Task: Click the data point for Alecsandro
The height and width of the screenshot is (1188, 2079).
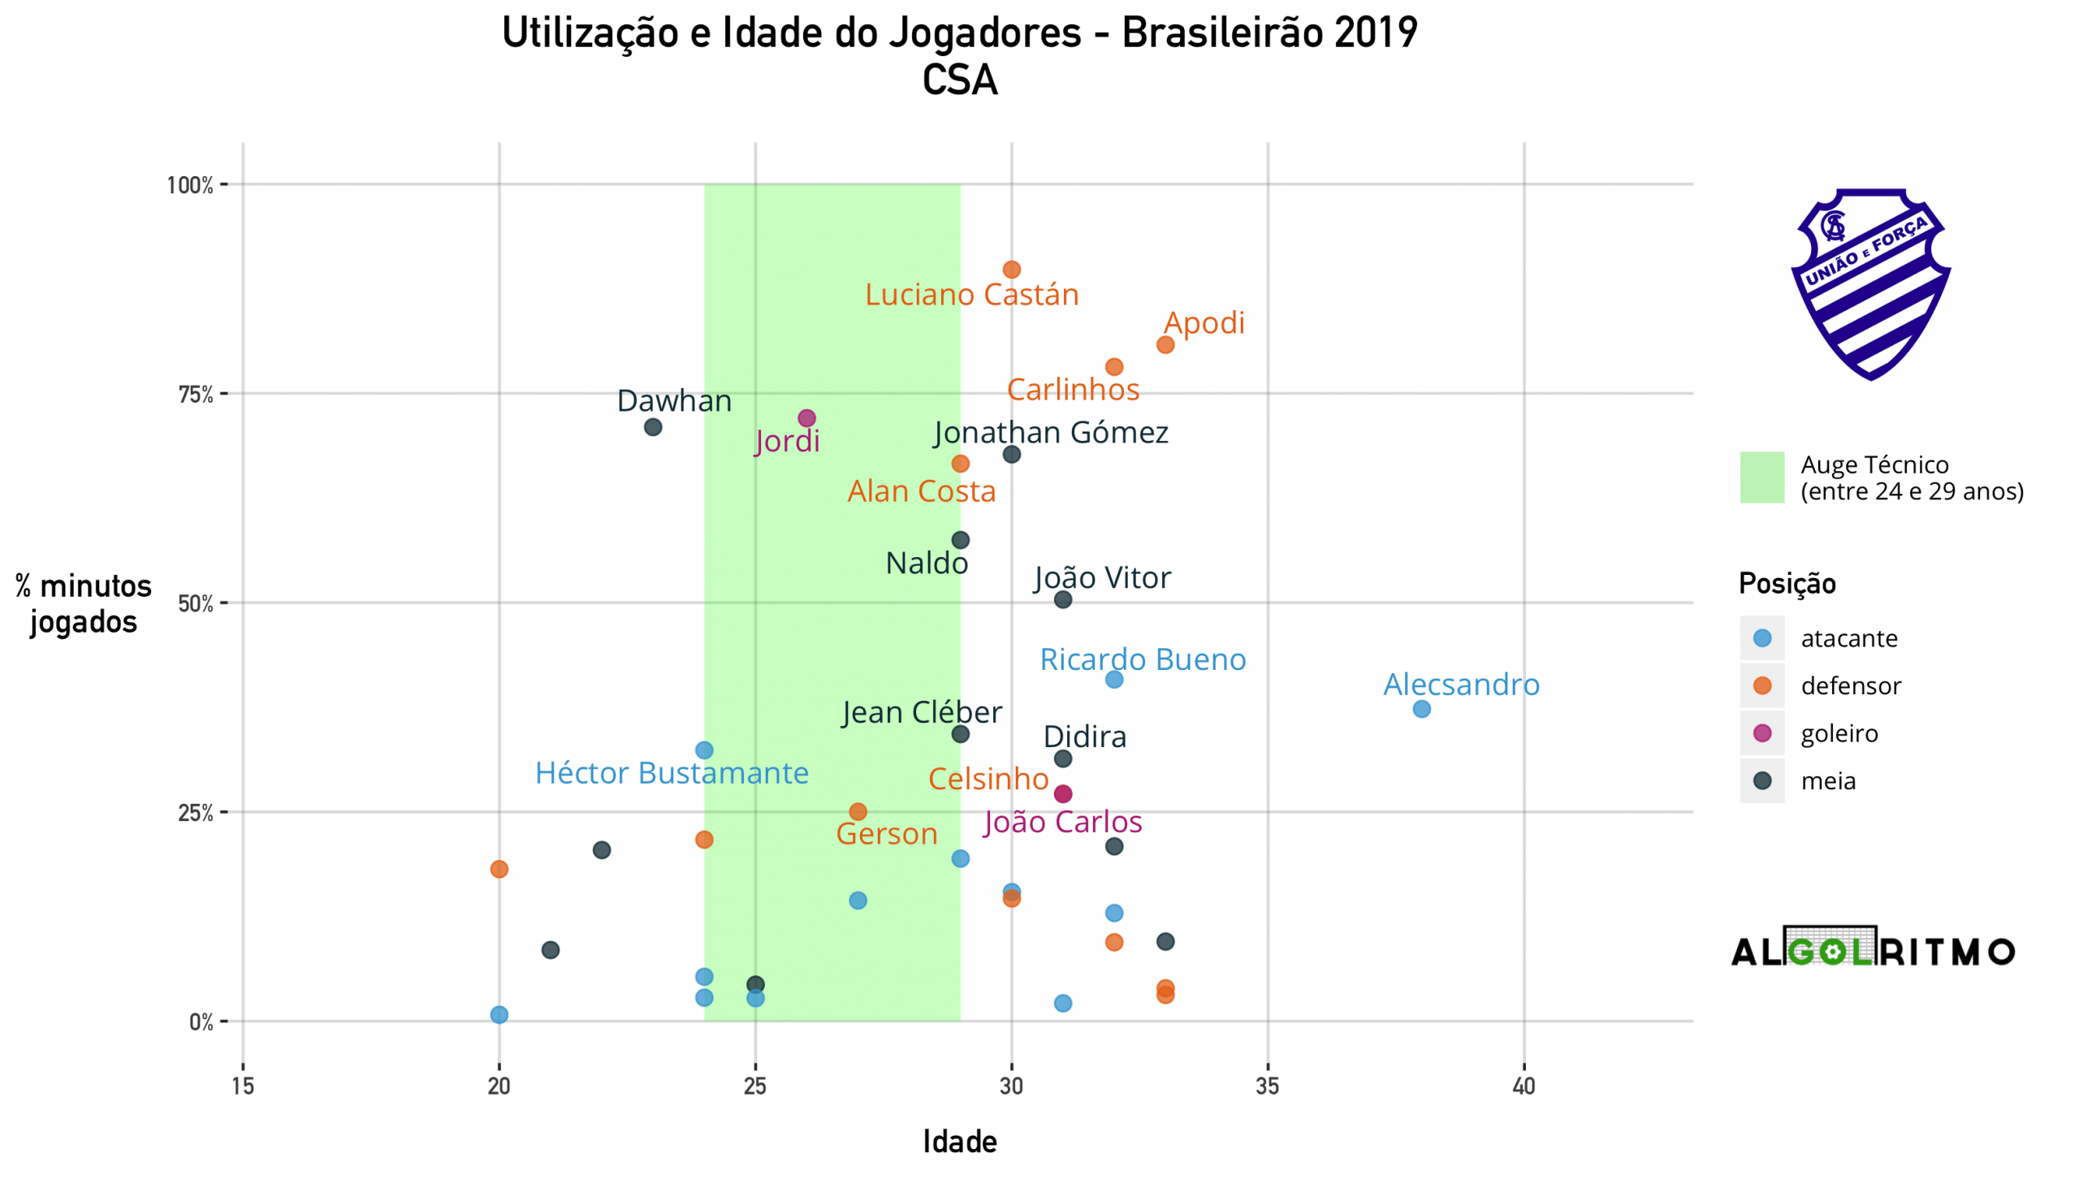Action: [x=1421, y=709]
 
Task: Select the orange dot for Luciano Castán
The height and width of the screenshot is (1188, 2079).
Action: [x=1012, y=270]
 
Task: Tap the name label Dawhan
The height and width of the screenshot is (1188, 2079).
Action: [x=674, y=400]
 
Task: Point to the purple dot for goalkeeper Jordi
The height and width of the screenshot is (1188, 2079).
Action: [x=806, y=417]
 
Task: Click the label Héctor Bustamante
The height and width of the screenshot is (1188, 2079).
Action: [x=672, y=773]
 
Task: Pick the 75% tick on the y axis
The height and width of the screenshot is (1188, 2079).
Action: [x=196, y=394]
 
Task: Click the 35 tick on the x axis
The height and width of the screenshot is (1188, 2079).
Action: [x=1267, y=1086]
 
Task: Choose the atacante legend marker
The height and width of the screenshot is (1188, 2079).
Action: [x=1762, y=638]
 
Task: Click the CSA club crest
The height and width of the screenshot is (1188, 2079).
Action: [x=1870, y=283]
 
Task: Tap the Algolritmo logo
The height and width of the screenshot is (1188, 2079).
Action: [x=1874, y=949]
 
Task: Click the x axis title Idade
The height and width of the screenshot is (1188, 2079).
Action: [x=960, y=1142]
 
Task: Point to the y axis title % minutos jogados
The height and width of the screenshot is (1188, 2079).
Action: [x=83, y=604]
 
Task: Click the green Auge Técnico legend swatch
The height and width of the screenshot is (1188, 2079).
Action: [x=1761, y=477]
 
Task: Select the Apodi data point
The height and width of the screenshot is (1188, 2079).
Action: [x=1165, y=344]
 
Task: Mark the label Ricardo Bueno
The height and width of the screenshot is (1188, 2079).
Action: [x=1143, y=659]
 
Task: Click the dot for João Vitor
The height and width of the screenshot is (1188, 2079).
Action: [x=1062, y=600]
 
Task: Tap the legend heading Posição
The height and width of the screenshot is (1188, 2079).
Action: [x=1787, y=583]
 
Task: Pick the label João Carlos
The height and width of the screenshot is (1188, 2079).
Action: [x=1062, y=822]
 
